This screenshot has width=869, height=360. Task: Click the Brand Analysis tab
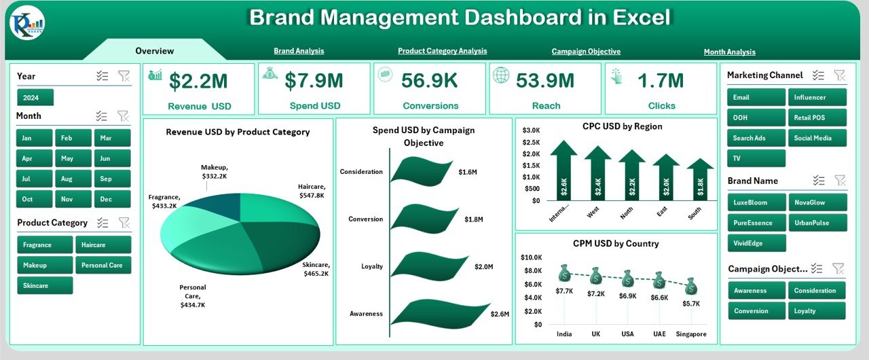point(299,51)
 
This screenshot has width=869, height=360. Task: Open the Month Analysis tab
point(729,52)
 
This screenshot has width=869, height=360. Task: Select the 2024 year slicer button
point(35,98)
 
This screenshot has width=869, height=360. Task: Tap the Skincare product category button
point(45,286)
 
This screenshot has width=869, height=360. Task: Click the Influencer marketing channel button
point(817,97)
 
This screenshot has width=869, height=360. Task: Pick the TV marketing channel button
point(756,158)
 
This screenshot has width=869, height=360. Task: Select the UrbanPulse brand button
point(817,223)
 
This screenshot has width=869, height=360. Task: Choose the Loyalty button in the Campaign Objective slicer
point(817,311)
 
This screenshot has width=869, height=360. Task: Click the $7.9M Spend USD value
point(314,81)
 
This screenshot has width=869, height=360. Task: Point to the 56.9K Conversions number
point(429,81)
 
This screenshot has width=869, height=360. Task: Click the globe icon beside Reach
point(501,75)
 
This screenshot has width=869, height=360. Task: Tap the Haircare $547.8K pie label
point(312,191)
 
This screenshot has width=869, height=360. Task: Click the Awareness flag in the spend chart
point(441,314)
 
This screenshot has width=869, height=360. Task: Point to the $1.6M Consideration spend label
point(467,173)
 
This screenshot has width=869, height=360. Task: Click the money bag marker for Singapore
point(691,286)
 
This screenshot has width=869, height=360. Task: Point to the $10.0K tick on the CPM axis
point(531,257)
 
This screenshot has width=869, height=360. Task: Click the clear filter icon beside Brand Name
point(840,181)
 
